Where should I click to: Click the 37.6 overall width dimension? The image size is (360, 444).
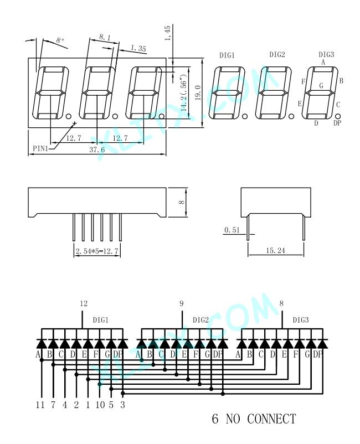pyautogui.click(x=97, y=149)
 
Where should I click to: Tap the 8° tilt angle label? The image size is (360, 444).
pyautogui.click(x=60, y=40)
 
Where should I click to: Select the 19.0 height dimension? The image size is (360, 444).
pyautogui.click(x=198, y=92)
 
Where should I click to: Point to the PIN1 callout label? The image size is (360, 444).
pyautogui.click(x=40, y=148)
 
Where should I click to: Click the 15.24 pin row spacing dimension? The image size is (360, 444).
pyautogui.click(x=275, y=250)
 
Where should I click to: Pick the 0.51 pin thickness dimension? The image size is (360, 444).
pyautogui.click(x=232, y=230)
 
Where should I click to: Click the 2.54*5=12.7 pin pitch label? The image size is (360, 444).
pyautogui.click(x=97, y=251)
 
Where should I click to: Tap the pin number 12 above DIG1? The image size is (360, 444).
pyautogui.click(x=84, y=303)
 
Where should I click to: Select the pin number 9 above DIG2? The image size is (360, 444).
pyautogui.click(x=182, y=303)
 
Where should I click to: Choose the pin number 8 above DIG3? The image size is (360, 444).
pyautogui.click(x=281, y=303)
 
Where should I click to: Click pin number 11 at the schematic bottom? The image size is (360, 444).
pyautogui.click(x=40, y=405)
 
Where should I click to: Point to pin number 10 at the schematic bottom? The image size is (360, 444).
pyautogui.click(x=100, y=405)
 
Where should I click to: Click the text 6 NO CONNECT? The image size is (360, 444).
pyautogui.click(x=254, y=419)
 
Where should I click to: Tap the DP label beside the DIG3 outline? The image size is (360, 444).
pyautogui.click(x=337, y=123)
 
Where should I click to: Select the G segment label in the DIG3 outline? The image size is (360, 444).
pyautogui.click(x=321, y=85)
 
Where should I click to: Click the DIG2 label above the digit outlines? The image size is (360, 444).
pyautogui.click(x=277, y=54)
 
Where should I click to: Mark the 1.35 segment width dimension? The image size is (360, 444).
pyautogui.click(x=138, y=48)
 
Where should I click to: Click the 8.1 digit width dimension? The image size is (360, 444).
pyautogui.click(x=105, y=37)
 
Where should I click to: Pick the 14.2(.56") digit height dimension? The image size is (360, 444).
pyautogui.click(x=183, y=92)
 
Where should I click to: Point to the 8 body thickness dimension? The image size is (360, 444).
pyautogui.click(x=182, y=203)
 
